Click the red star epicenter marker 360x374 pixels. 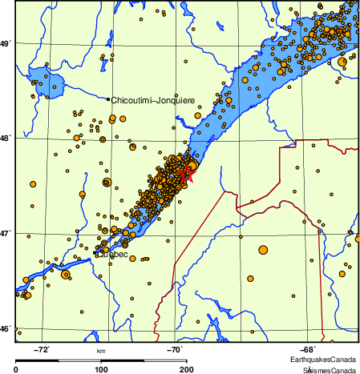[x=185, y=171]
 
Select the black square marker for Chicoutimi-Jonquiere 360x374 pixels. [x=108, y=99]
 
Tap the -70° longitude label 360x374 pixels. [x=176, y=349]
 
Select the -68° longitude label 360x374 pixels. [x=309, y=349]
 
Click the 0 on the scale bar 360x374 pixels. [x=17, y=369]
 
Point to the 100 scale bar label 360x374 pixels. [x=101, y=369]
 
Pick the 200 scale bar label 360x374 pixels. [x=186, y=369]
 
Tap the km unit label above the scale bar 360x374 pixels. [x=101, y=351]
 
